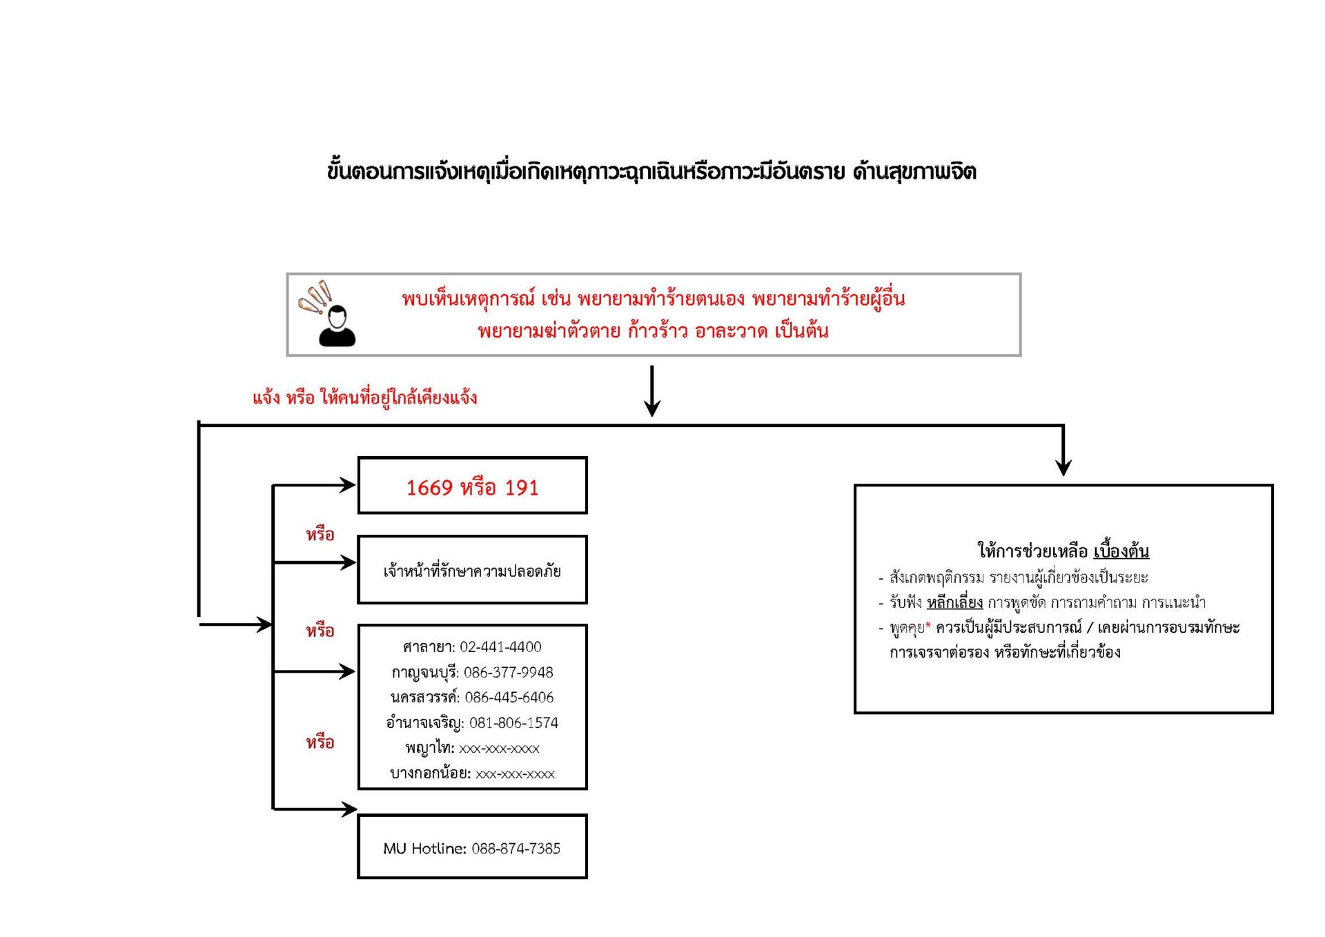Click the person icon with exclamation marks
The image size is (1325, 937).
coord(328,315)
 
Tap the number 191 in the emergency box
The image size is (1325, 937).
coord(521,488)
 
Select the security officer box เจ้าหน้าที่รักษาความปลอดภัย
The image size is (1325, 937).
coord(472,570)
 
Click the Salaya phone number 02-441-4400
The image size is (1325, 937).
coord(500,647)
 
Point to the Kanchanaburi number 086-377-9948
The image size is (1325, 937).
coord(508,672)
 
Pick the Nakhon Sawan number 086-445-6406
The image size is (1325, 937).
coord(509,698)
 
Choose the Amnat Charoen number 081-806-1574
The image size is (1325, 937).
coord(513,723)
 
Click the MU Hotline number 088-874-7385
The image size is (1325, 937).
coord(516,849)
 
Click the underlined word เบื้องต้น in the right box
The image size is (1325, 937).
coord(1121,551)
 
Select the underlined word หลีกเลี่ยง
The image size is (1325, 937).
coord(954,602)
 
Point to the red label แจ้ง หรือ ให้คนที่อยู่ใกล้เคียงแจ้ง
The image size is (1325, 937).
coord(364,397)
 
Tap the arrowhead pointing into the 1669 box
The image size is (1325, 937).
coord(348,485)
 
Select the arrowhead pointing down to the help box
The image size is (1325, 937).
coord(1063,467)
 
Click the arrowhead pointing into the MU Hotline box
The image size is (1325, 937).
coord(349,809)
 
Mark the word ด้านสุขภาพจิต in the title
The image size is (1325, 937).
coord(914,171)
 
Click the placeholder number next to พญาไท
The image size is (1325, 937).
coord(499,749)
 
